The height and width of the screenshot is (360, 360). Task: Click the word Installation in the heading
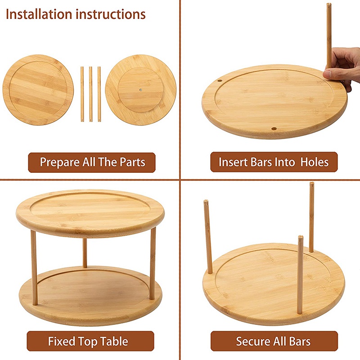(x=39, y=14)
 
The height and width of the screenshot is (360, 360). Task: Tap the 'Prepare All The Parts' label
(x=92, y=162)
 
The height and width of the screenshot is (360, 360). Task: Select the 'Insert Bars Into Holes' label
(x=274, y=162)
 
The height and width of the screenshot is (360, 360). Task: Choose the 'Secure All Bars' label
(x=274, y=341)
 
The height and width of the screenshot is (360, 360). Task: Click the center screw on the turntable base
(x=141, y=90)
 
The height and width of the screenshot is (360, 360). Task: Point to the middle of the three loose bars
(x=90, y=94)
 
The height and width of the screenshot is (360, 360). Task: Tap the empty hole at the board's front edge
(x=273, y=129)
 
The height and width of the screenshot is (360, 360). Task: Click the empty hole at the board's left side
(x=220, y=81)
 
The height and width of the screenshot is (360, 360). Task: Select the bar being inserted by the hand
(x=329, y=36)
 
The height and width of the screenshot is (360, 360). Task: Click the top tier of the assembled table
(x=90, y=212)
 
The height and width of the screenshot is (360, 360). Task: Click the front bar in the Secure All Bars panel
(x=300, y=274)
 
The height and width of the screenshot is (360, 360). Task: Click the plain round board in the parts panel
(x=38, y=90)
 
